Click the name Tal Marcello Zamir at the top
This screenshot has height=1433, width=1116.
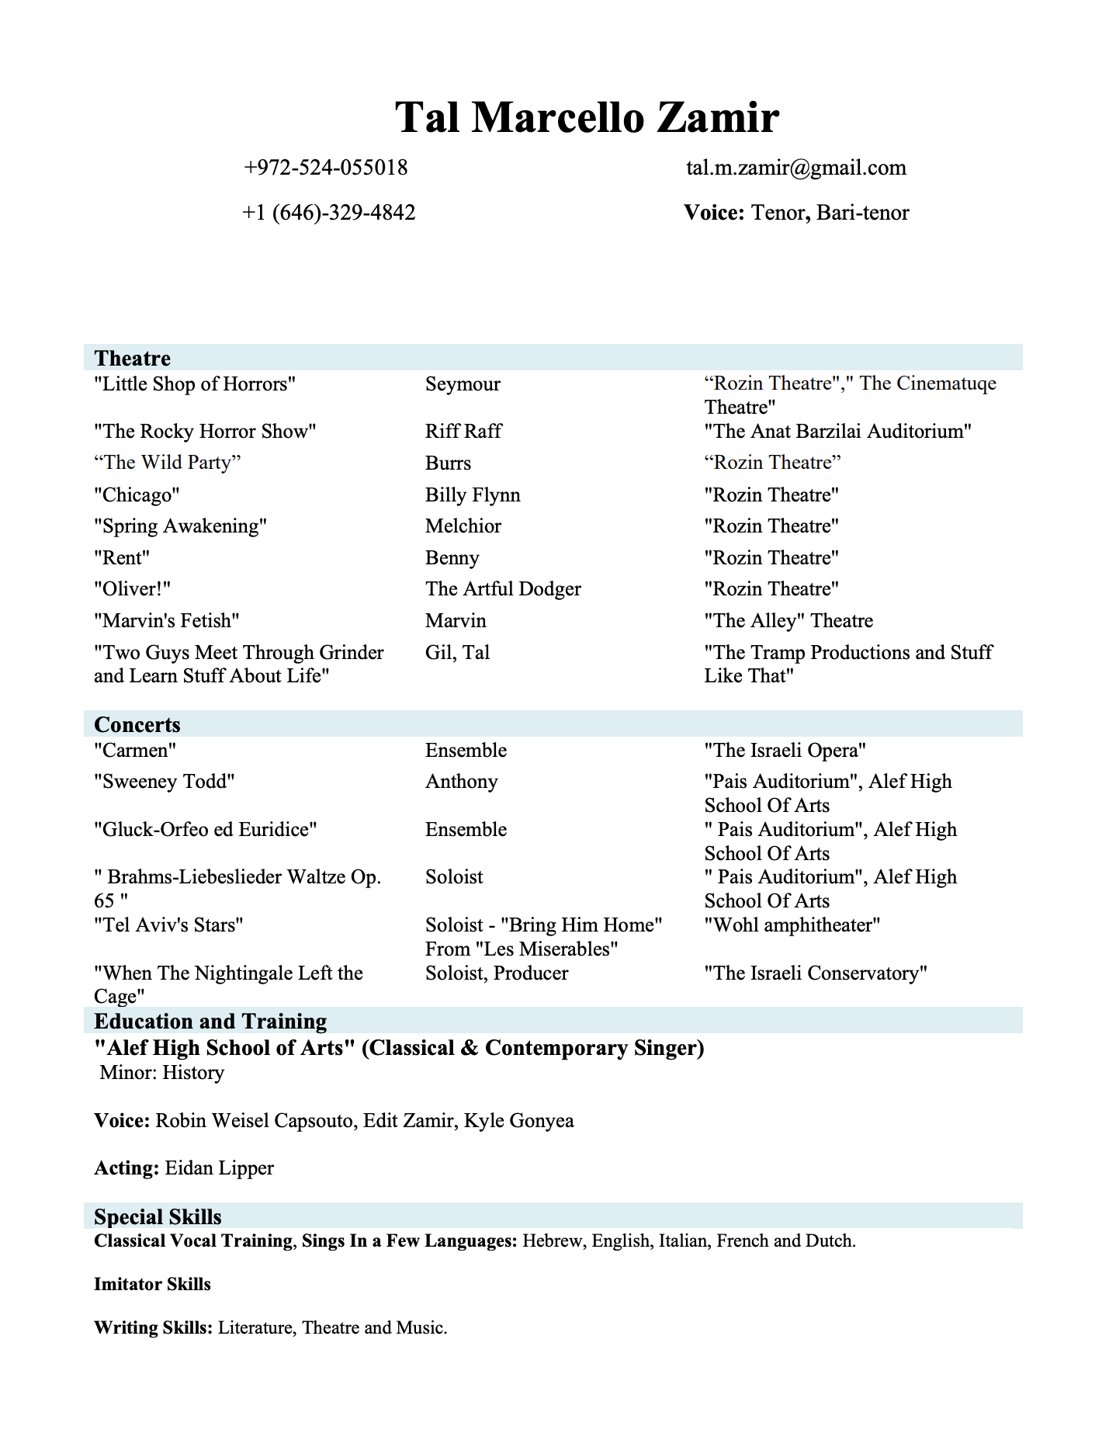click(x=586, y=118)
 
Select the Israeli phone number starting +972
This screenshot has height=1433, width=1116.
click(x=325, y=168)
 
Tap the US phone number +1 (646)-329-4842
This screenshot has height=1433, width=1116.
click(x=328, y=213)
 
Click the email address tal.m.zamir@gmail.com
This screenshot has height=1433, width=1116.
click(x=795, y=168)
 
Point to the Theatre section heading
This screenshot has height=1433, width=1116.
click(x=132, y=358)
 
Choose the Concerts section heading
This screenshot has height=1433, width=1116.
click(x=137, y=724)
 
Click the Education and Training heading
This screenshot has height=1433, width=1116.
click(x=210, y=1021)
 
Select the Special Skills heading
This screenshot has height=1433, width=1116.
click(x=158, y=1216)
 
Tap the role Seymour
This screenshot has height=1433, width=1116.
click(x=463, y=384)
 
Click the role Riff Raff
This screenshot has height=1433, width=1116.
click(x=463, y=432)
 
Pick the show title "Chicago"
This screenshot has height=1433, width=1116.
click(x=137, y=495)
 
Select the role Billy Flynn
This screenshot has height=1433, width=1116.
click(x=473, y=495)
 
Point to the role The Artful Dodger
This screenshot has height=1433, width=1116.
click(x=503, y=589)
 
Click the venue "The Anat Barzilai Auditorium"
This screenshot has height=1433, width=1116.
click(x=837, y=432)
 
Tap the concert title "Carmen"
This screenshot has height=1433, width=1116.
click(x=135, y=751)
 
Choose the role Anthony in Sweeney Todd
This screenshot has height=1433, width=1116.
click(x=461, y=782)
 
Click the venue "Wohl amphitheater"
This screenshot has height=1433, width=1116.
click(x=792, y=925)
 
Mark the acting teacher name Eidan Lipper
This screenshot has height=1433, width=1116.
click(x=219, y=1168)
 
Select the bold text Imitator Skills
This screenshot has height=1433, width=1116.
click(x=152, y=1284)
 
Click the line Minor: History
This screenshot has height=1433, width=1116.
click(x=161, y=1073)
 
